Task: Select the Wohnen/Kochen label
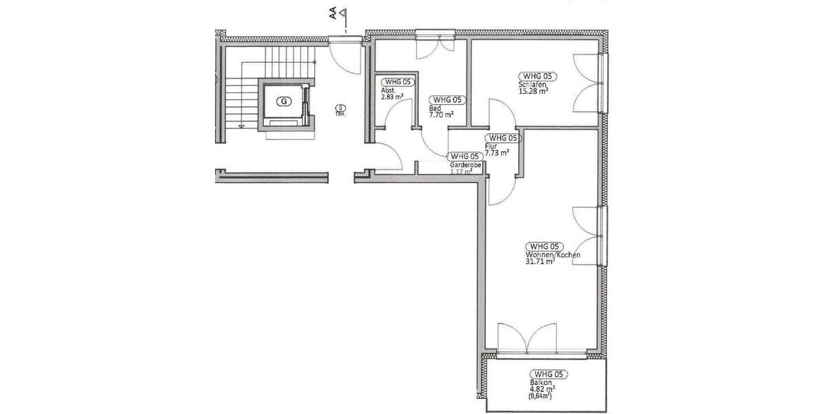click(552, 255)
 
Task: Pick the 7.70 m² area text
click(441, 115)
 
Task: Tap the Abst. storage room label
click(388, 90)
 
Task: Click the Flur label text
click(490, 146)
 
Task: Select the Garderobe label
click(462, 166)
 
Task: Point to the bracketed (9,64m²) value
click(542, 397)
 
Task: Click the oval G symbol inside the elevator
click(283, 101)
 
